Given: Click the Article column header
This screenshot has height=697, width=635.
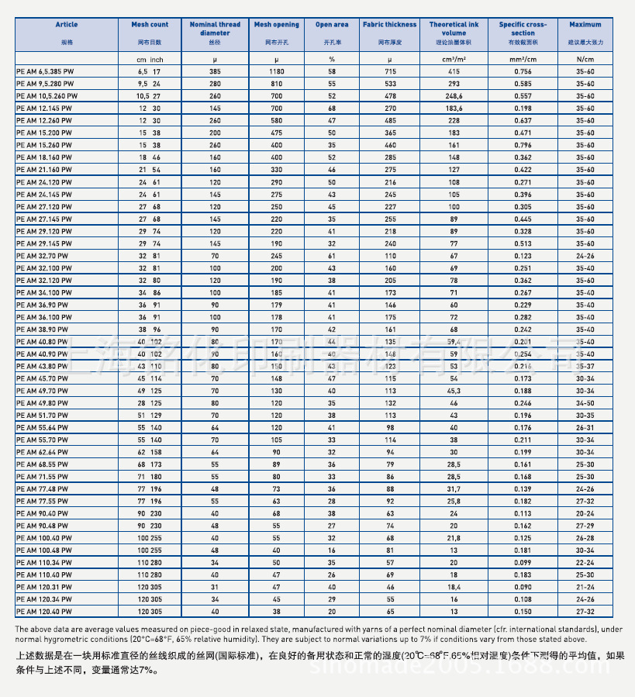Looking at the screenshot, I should (67, 25).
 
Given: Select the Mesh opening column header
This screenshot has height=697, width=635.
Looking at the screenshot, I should (277, 25).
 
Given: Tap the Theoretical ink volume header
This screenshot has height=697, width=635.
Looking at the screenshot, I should (454, 29).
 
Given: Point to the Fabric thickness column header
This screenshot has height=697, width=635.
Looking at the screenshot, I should (389, 25).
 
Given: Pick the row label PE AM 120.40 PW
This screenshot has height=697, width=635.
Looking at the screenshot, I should (43, 611).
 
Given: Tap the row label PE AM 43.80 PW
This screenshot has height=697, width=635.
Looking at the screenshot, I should (43, 366).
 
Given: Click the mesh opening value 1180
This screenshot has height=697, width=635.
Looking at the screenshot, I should (277, 71).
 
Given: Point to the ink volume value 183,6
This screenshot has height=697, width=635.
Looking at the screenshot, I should (454, 108).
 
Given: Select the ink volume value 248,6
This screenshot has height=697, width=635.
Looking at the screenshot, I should (454, 95).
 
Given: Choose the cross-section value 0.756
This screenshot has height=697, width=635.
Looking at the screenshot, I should (523, 71).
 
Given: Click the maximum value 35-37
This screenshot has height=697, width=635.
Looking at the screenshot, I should (585, 366).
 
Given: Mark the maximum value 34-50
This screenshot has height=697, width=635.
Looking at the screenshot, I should (585, 403).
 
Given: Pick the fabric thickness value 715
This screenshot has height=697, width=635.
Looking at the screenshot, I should (389, 71).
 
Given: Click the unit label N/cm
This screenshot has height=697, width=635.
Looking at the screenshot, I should (585, 59).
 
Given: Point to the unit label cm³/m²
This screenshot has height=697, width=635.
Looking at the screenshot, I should (454, 59).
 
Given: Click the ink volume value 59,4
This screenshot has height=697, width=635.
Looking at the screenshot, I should (454, 341).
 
